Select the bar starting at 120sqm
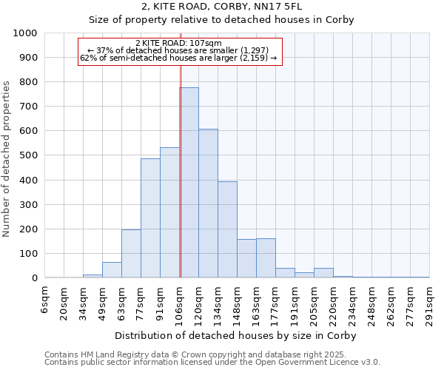pos(208,203)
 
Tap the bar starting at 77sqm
pos(150,218)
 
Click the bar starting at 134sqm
pos(227,229)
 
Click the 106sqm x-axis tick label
pos(180,303)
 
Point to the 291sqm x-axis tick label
pos(430,303)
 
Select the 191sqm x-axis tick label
pos(295,303)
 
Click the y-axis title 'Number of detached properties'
pos(7,155)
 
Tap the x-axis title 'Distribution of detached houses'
pos(238,336)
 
